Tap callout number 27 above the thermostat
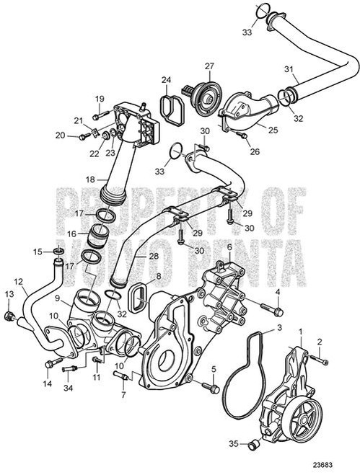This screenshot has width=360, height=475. (x=209, y=66)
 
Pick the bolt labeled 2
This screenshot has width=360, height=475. (x=322, y=356)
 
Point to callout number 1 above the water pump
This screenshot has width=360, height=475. (x=300, y=330)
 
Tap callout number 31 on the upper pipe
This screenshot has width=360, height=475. (x=289, y=69)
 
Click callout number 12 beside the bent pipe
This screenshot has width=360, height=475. (x=18, y=281)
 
